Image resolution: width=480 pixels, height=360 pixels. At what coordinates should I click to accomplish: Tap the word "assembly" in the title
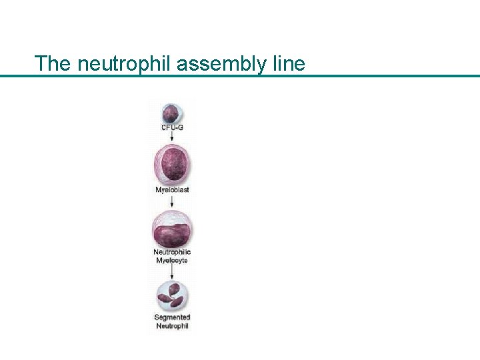pos(207,64)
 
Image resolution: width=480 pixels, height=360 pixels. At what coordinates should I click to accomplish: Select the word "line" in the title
pos(288,63)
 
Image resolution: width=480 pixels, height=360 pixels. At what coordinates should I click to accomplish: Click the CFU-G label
pos(172,127)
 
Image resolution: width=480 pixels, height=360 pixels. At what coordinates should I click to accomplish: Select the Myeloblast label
pos(172,190)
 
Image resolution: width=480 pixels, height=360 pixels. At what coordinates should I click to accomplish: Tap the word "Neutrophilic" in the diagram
pos(172,252)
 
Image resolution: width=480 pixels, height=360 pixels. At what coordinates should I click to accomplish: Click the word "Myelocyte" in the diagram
pos(172,260)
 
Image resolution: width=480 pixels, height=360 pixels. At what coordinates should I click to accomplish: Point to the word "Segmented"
pos(172,317)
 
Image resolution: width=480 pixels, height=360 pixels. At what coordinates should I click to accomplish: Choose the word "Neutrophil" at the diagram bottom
pos(172,326)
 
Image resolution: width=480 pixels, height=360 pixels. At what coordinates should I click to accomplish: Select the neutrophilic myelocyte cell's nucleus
pos(172,235)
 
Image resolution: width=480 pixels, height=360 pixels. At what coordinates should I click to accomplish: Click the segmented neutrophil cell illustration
pos(172,295)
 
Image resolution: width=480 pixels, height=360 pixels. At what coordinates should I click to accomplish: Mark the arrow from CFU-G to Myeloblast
pos(172,137)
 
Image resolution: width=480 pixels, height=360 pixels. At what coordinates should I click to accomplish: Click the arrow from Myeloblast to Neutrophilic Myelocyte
pos(172,201)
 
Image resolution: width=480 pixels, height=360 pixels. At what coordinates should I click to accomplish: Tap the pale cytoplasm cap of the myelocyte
pos(172,218)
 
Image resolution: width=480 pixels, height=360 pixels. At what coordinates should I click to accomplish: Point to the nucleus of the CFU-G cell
pos(171,111)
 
